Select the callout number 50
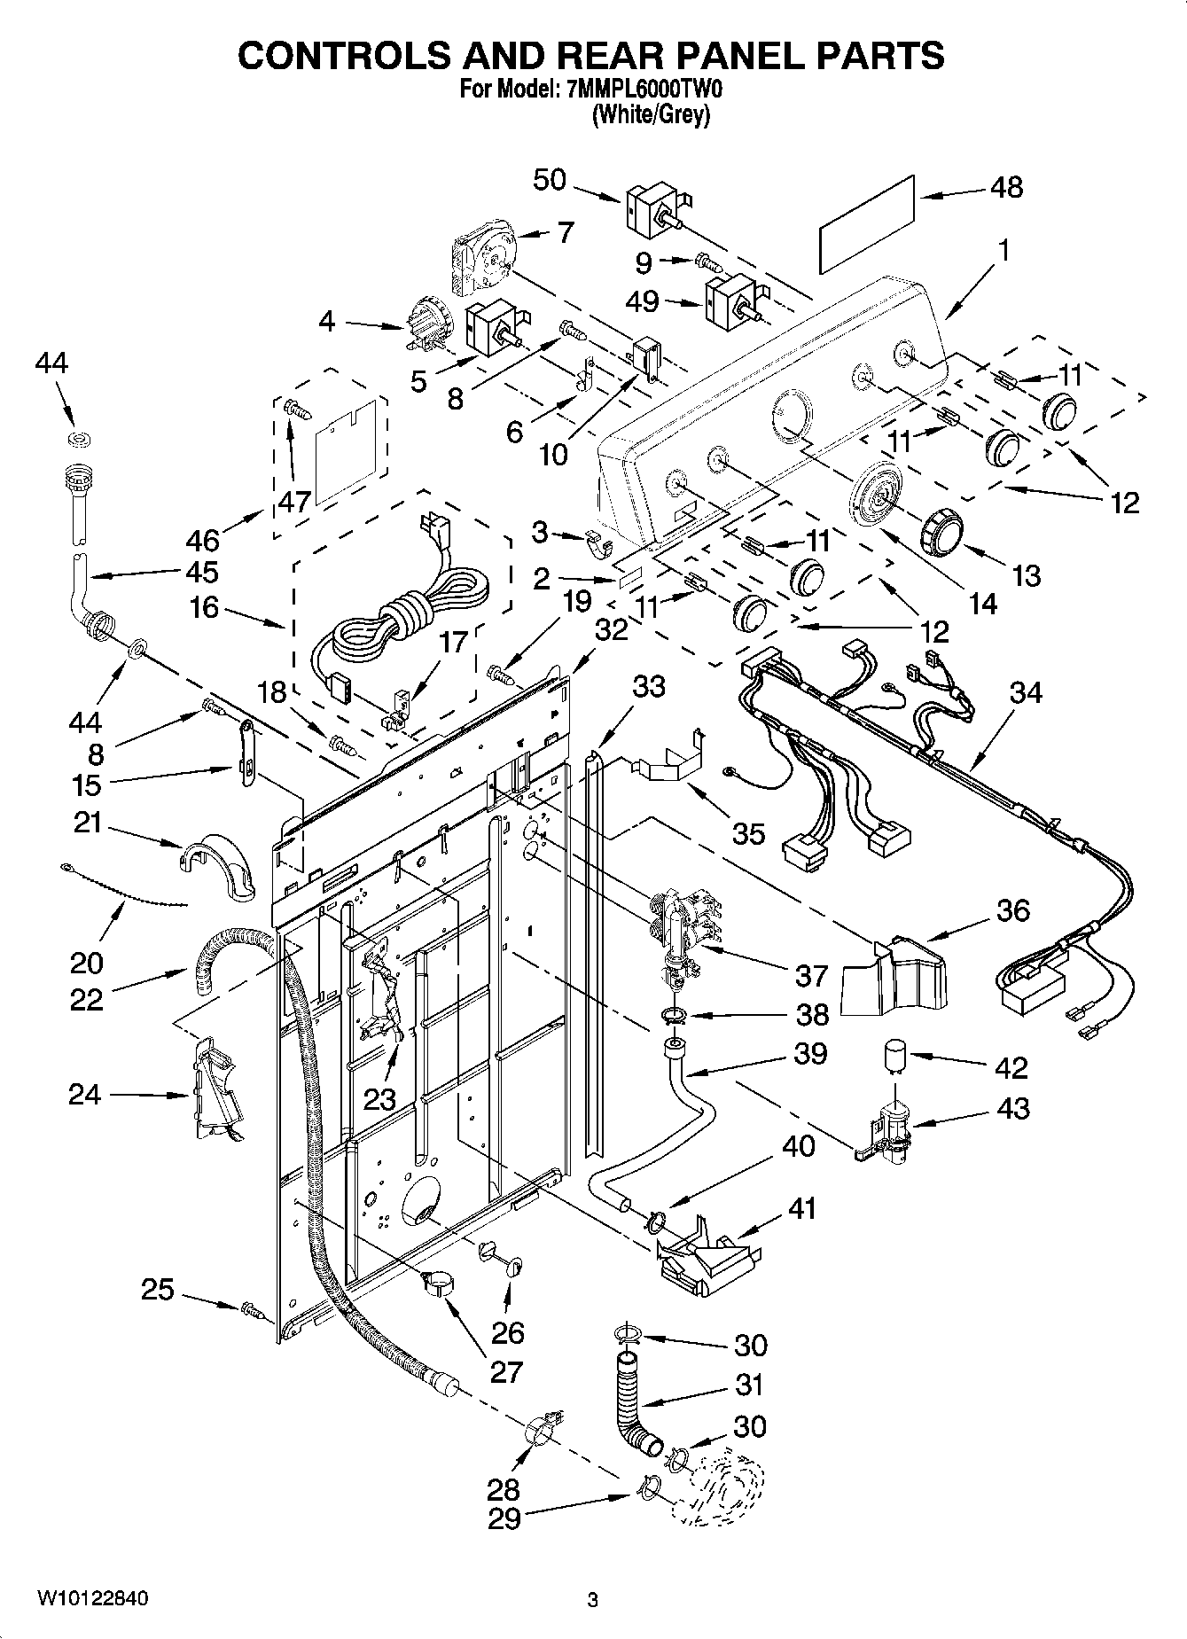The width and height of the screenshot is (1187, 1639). [x=550, y=179]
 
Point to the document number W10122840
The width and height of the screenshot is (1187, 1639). [x=91, y=1598]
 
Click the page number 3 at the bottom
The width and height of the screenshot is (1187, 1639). [x=593, y=1600]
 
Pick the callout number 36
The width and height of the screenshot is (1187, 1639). [x=1013, y=909]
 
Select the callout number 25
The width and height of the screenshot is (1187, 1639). [x=158, y=1289]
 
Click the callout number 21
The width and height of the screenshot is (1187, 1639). [x=87, y=823]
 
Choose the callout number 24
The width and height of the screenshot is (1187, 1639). [x=85, y=1095]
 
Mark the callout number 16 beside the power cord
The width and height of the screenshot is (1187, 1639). [x=204, y=609]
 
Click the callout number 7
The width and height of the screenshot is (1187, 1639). [x=564, y=232]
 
